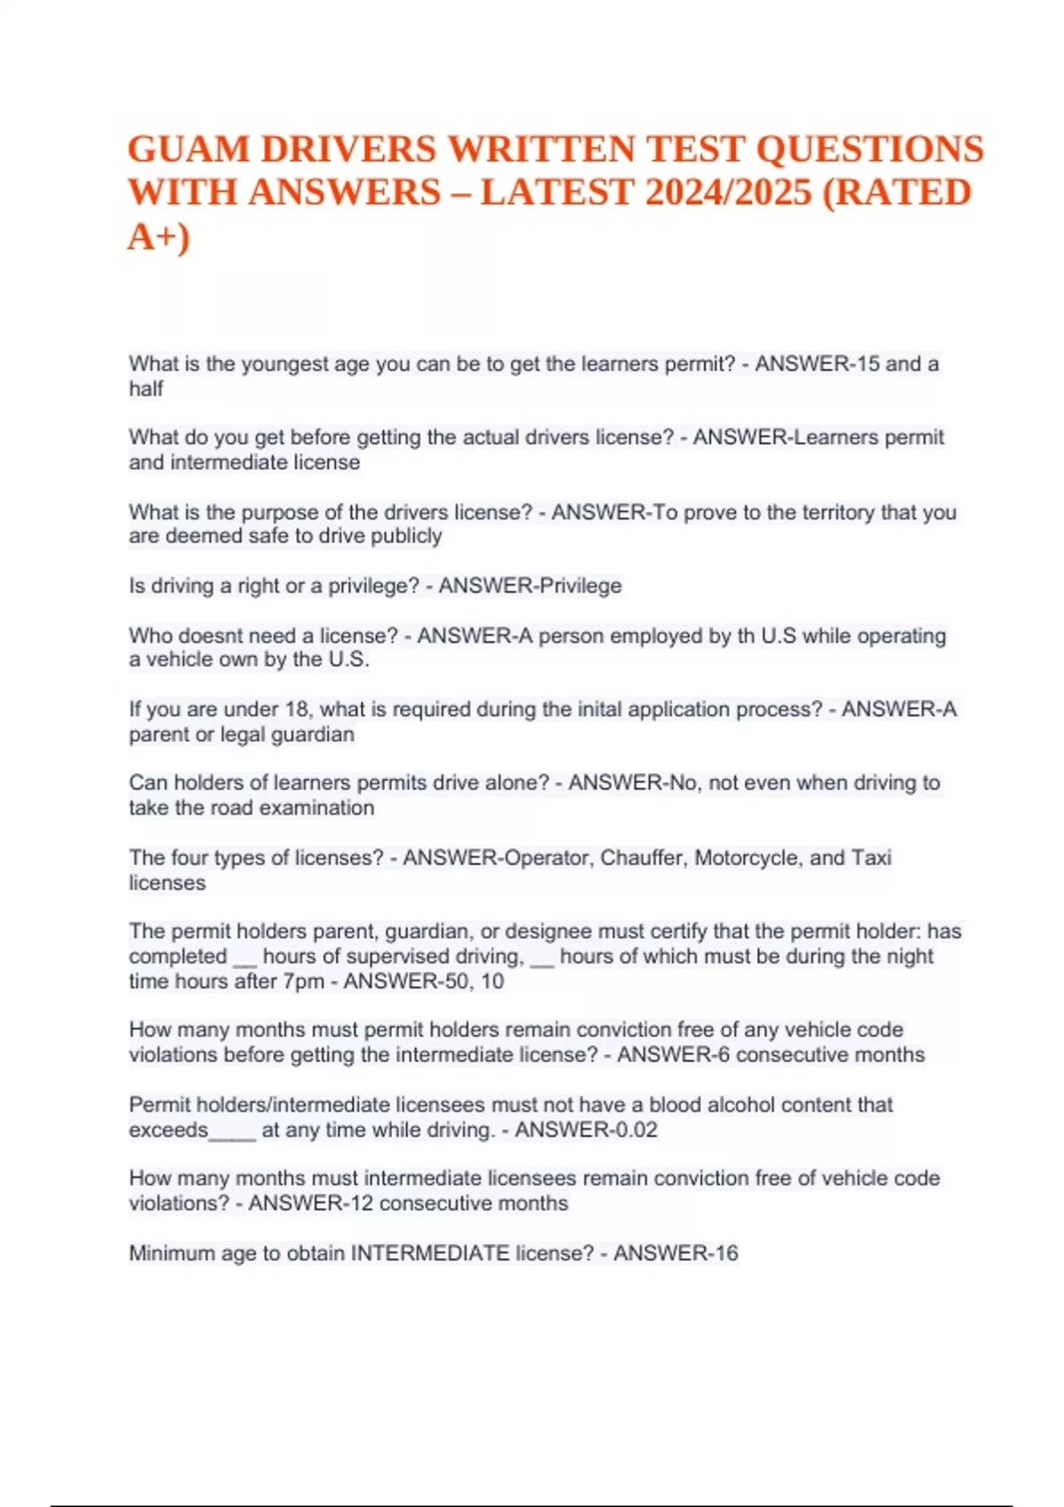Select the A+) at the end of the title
coord(159,236)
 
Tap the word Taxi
coord(871,858)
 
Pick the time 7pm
coord(303,981)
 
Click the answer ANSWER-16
coord(676,1253)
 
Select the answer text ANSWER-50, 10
coord(424,981)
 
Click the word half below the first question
coord(146,389)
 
